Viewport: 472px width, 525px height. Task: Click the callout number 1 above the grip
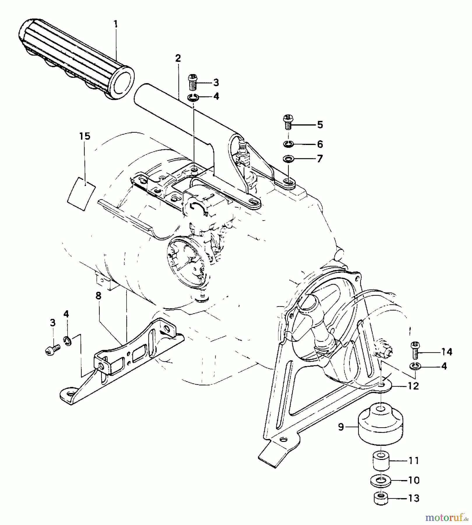116,24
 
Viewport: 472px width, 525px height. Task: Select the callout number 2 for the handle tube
178,58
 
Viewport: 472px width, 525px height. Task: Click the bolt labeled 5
288,123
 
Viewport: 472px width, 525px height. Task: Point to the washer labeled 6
288,143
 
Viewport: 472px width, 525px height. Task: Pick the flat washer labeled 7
288,159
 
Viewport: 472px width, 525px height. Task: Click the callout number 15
85,136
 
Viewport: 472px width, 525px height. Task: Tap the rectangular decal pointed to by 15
81,194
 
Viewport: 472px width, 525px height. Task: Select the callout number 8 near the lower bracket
99,296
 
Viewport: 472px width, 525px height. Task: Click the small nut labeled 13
380,498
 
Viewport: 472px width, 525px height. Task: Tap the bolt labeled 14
415,351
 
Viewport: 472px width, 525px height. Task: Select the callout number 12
413,386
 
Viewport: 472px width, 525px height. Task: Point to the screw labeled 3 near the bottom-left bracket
53,349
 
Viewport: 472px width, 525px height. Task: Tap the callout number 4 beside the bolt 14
444,366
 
